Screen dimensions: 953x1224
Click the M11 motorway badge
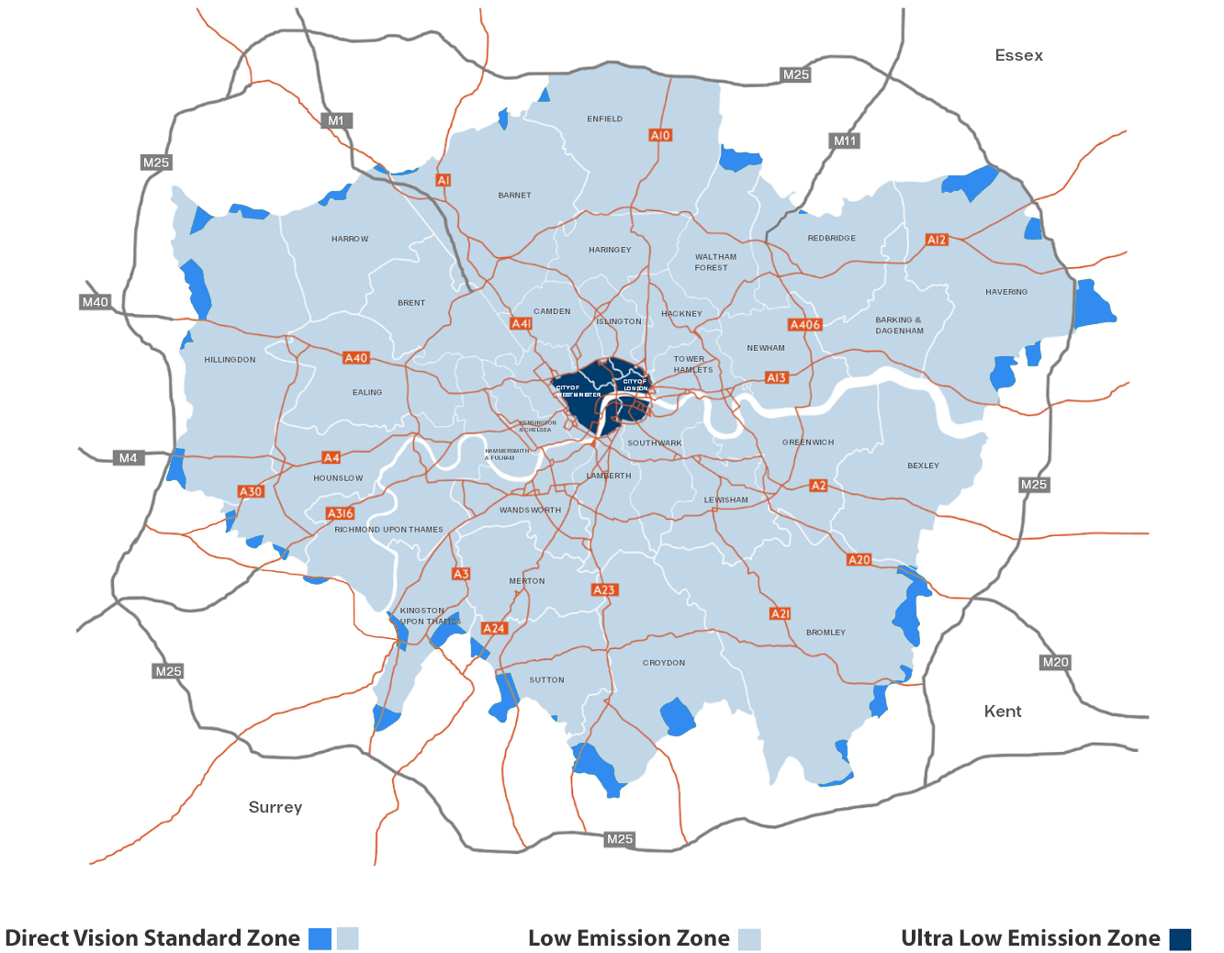click(845, 140)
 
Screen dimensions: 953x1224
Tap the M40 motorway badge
click(95, 302)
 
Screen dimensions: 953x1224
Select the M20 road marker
click(1055, 662)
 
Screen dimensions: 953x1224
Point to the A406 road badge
click(805, 324)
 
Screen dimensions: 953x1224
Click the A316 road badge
click(340, 513)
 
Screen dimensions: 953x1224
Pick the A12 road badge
click(937, 240)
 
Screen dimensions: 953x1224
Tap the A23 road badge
click(604, 589)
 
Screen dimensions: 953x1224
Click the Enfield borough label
click(604, 118)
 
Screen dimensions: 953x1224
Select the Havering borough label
click(1006, 292)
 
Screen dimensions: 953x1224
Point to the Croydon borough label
click(664, 662)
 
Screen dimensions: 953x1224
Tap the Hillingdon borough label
click(230, 360)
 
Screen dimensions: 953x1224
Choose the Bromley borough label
click(825, 632)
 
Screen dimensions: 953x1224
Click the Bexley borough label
click(923, 465)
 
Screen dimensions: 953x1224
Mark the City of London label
click(634, 385)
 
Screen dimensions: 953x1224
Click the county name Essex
click(1018, 55)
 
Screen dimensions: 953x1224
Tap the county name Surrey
click(275, 807)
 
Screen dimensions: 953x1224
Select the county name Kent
click(1002, 712)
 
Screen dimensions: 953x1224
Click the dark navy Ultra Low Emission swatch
click(1180, 939)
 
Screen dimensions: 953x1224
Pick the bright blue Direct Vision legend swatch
click(320, 939)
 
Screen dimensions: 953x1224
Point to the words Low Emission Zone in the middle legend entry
click(628, 938)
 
